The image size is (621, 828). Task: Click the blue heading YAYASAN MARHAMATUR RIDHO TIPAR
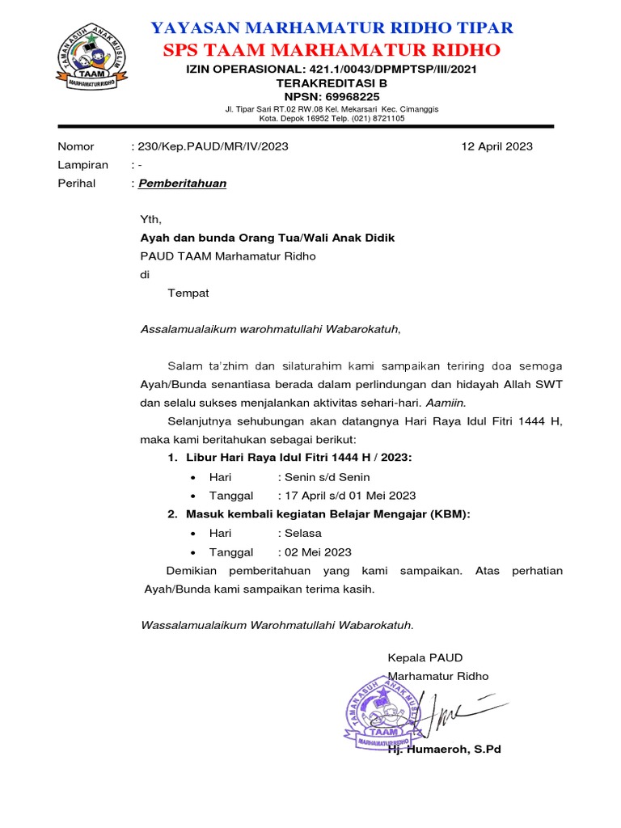tap(332, 28)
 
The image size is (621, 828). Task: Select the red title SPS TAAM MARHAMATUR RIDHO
tap(332, 50)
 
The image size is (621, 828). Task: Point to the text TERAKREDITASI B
tap(332, 82)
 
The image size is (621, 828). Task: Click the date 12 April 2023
tap(496, 146)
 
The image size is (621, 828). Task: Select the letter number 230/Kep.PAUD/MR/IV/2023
tap(213, 146)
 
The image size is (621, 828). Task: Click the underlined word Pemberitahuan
tap(182, 184)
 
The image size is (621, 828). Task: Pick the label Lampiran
tap(82, 165)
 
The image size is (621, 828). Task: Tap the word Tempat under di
tap(188, 293)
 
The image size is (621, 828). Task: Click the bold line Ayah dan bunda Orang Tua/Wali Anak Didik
tap(268, 238)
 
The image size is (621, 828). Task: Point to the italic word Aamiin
tap(446, 402)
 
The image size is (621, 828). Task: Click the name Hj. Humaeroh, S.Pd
tap(445, 750)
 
